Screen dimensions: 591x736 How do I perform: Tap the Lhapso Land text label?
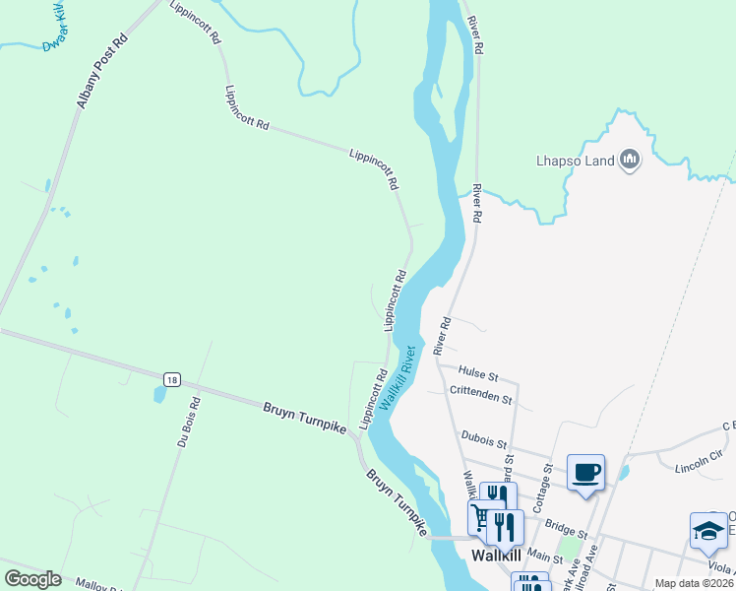pos(576,161)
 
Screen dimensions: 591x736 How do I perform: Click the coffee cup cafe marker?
pos(586,472)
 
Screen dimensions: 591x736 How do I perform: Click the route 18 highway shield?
pos(172,379)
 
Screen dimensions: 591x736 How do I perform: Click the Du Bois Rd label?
pos(188,423)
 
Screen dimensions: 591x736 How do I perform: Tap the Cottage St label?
pos(540,487)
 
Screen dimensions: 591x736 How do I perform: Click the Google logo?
pos(32,578)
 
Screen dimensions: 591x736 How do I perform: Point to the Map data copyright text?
pos(695,583)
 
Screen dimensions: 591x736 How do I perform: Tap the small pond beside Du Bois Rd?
pos(158,395)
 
